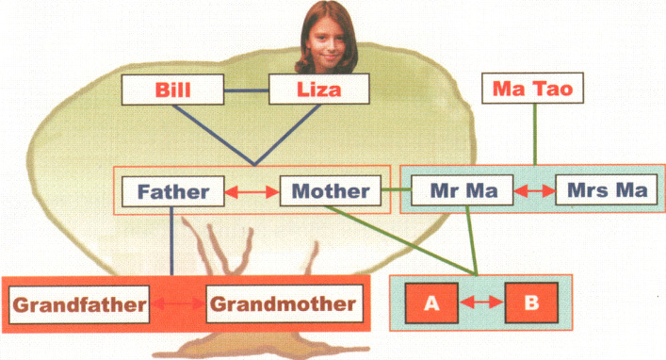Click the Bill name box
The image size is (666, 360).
[173, 92]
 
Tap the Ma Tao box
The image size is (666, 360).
[533, 90]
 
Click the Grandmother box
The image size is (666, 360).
[283, 304]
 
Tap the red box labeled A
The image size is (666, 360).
[432, 303]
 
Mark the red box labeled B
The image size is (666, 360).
[532, 303]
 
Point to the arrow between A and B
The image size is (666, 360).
[482, 303]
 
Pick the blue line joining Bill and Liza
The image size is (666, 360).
[247, 92]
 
